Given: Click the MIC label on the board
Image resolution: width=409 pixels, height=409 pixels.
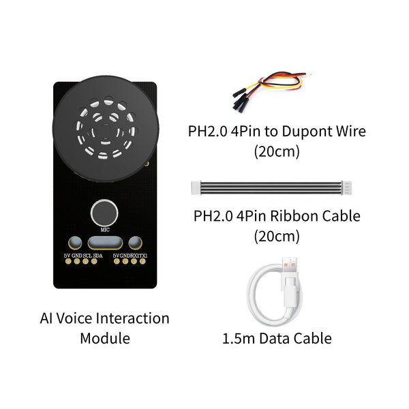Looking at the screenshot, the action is tap(105, 230).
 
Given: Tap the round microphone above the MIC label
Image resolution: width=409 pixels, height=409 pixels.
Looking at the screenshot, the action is tap(104, 213).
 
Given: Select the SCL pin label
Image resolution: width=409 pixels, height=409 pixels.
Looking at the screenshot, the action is tap(87, 256).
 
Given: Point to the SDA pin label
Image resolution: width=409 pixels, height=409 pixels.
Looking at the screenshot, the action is tap(97, 256).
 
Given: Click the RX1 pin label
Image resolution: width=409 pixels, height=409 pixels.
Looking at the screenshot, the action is tap(134, 256).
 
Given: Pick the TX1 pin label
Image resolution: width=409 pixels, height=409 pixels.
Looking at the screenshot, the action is tap(143, 256).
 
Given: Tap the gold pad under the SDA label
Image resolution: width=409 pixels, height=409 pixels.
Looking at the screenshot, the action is tap(94, 261).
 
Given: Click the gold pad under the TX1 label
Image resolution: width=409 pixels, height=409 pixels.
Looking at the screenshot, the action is tap(142, 261).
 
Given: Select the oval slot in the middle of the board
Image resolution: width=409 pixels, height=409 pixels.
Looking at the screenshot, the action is tap(105, 243).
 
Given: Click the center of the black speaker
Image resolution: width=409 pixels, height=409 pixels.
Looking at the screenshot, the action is tap(106, 129).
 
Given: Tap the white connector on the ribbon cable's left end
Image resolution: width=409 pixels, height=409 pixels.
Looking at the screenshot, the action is tap(196, 188).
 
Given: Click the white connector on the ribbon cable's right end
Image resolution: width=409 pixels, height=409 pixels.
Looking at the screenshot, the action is tap(346, 188).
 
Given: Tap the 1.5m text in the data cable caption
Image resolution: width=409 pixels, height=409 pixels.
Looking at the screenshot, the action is tap(239, 338).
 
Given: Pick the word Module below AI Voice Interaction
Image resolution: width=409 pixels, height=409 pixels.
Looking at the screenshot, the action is tap(105, 339).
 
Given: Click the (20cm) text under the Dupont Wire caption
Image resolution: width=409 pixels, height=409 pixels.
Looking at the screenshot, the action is tap(277, 151).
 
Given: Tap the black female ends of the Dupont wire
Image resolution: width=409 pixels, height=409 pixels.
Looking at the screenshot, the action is tap(240, 101).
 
